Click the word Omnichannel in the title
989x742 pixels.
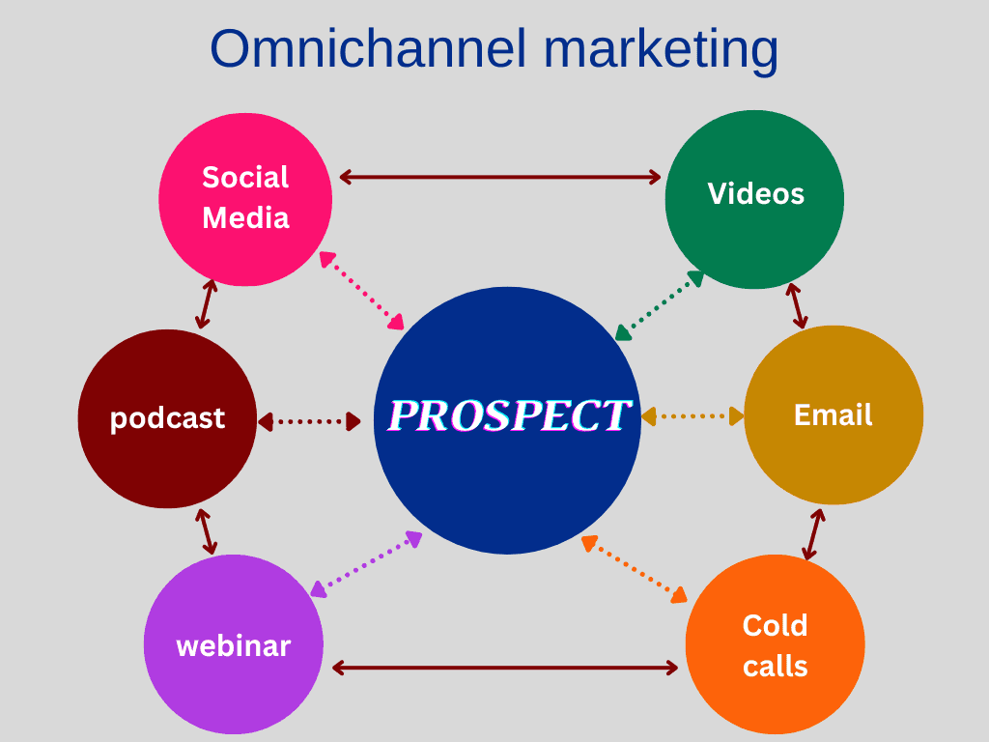(368, 48)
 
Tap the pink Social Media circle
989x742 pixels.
(245, 199)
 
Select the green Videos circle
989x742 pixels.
(754, 199)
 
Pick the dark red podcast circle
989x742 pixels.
(167, 418)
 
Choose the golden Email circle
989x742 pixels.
(834, 414)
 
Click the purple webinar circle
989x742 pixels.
(234, 644)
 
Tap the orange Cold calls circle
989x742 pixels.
(776, 644)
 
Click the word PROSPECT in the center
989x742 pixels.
(509, 415)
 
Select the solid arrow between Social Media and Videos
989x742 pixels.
(499, 178)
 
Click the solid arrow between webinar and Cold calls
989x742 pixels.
(504, 668)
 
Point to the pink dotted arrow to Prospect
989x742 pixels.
(361, 290)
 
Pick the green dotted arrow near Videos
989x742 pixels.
(659, 305)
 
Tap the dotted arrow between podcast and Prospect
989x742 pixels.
(309, 421)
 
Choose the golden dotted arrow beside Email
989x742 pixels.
(692, 415)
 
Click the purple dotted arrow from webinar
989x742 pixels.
(366, 564)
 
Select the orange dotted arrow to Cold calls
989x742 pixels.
(634, 568)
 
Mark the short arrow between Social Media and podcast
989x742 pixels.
(207, 304)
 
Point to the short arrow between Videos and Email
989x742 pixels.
(797, 306)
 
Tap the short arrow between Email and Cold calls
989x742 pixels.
(813, 534)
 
